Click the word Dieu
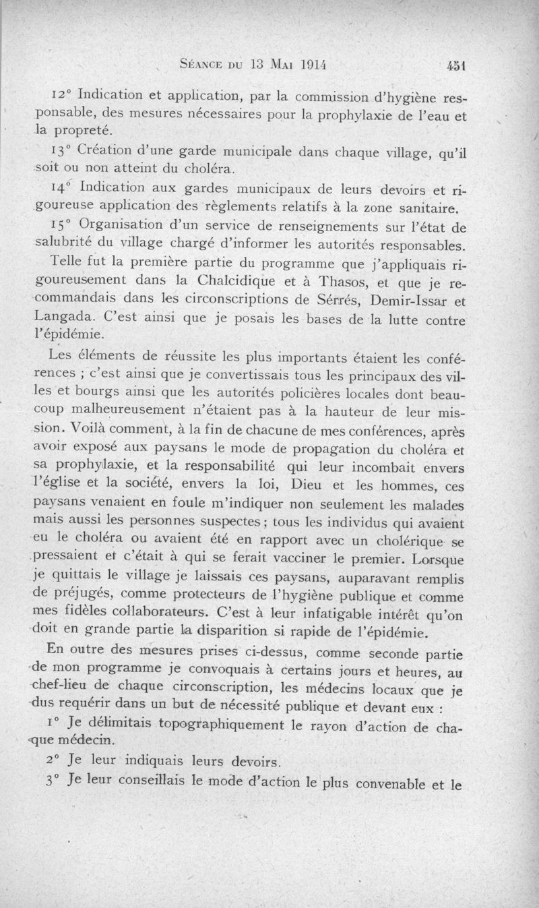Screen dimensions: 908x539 click(x=313, y=485)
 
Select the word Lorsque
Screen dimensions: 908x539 click(x=439, y=559)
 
